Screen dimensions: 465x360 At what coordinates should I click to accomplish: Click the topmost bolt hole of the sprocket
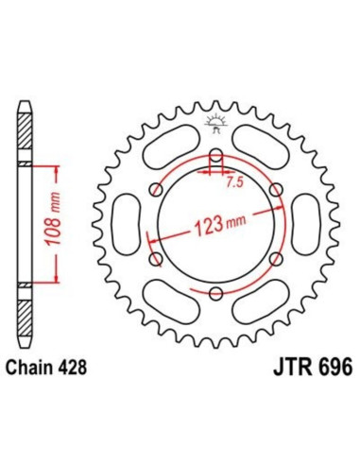[215, 157]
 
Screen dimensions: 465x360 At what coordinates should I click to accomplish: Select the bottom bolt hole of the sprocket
[215, 294]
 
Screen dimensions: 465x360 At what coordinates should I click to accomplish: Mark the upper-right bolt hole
[275, 191]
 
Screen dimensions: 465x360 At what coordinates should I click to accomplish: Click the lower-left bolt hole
[156, 260]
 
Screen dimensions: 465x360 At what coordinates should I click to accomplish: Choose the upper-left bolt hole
[156, 191]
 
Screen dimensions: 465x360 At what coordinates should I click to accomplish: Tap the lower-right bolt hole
[275, 260]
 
